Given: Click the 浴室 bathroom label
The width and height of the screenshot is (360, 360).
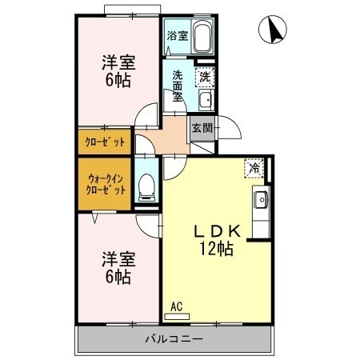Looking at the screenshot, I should (178, 36).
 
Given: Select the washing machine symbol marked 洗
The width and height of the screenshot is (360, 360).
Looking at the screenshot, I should (205, 77).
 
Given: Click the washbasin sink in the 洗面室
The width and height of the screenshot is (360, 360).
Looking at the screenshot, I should (205, 100).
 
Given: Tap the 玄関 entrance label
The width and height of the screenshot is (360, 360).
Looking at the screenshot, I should (202, 128).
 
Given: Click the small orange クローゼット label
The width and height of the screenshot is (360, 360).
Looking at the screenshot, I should (106, 142).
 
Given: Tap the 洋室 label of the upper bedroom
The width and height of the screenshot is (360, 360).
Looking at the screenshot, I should (117, 62).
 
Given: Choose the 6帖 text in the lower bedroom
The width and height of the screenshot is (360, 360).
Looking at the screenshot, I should (117, 278).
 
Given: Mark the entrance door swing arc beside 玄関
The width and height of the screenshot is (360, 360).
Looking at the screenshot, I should (226, 129).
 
